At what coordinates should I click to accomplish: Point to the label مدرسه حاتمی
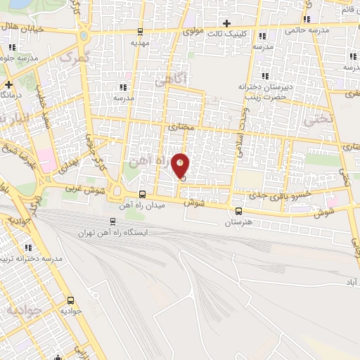point(307,30)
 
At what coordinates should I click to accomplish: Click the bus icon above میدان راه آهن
point(143,195)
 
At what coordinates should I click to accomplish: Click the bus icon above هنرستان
point(238,210)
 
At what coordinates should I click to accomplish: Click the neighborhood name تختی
point(316,120)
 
